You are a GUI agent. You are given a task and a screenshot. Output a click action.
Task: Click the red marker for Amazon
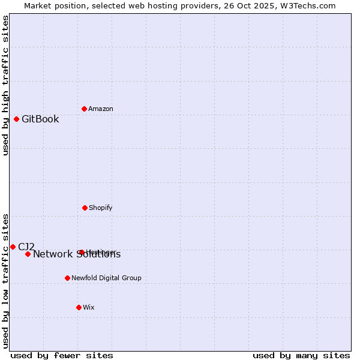[x=85, y=109]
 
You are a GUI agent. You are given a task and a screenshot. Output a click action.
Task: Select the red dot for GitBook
[x=16, y=119]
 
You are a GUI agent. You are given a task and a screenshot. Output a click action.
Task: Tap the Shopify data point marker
[x=85, y=208]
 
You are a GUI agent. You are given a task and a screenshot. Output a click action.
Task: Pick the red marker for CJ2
[x=13, y=247]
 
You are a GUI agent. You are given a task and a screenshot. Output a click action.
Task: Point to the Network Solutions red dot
[x=28, y=254]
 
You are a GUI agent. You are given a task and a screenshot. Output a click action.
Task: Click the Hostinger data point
[x=82, y=252]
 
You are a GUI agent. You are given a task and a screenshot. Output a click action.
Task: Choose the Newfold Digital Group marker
[x=67, y=278]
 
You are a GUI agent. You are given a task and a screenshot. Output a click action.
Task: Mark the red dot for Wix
[x=79, y=307]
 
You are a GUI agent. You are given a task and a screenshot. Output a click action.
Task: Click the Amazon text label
[x=101, y=109]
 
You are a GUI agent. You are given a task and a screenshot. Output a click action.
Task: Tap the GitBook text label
[x=40, y=119]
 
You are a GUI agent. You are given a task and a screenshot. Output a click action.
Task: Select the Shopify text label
[x=101, y=208]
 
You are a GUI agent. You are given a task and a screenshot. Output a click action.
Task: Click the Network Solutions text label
[x=77, y=254]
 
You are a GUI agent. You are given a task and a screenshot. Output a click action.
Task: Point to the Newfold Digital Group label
[x=106, y=278]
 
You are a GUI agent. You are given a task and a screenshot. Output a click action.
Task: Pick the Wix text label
[x=89, y=307]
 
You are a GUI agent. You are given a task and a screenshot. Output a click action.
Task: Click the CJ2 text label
[x=26, y=247]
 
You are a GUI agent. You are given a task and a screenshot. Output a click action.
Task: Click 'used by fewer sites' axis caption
[x=62, y=355]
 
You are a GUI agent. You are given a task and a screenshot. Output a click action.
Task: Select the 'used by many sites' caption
[x=301, y=355]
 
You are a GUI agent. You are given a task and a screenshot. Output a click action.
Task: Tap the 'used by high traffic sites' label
[x=5, y=85]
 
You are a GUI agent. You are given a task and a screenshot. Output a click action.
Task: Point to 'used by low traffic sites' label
[x=5, y=280]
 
